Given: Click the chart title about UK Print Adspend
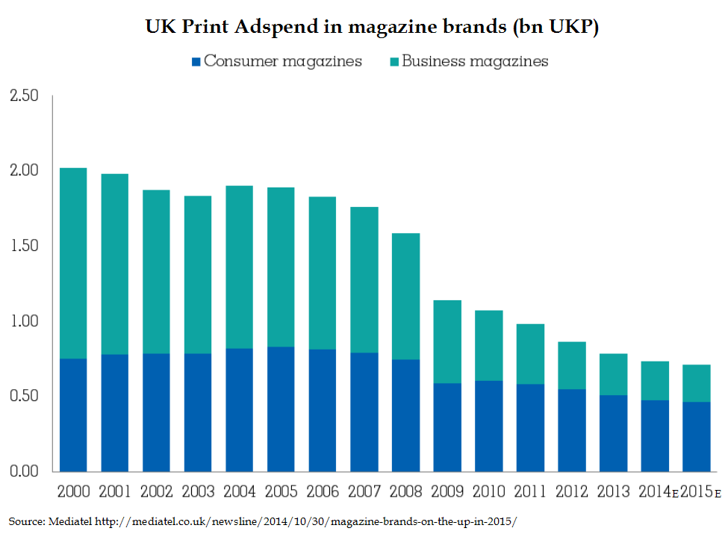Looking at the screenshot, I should [362, 28].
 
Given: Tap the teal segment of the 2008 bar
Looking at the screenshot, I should [405, 296].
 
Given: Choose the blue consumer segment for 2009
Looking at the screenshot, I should [447, 427].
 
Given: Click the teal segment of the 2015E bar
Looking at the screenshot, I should [697, 383].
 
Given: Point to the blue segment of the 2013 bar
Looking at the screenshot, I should [614, 433].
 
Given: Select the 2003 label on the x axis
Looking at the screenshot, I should [198, 492].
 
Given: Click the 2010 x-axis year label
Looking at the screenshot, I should [489, 492].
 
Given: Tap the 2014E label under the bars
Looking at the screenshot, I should [658, 492].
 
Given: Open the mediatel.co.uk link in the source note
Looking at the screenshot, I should [305, 521].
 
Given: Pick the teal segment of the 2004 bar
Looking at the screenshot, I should [239, 267].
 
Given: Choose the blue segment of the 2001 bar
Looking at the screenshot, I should [115, 413].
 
